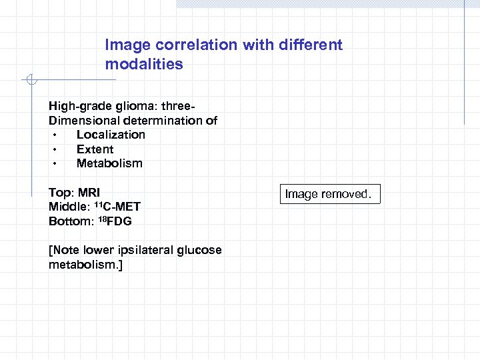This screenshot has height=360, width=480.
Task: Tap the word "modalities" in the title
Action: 143,65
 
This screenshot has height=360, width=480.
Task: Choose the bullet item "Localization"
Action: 111,135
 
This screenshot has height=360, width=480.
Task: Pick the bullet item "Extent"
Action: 95,149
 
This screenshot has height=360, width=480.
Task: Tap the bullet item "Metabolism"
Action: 109,163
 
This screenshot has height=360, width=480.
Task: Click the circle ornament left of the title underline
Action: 30,81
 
